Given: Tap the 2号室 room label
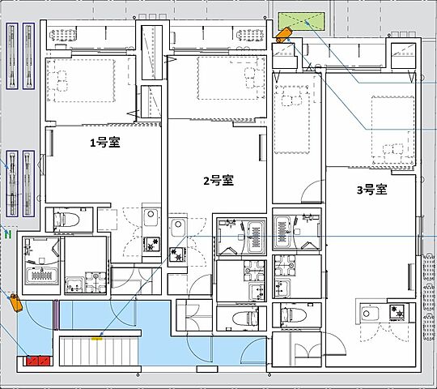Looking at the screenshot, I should point(218,180).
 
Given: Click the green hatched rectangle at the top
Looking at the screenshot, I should point(300,22).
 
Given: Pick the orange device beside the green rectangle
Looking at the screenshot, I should point(282,35).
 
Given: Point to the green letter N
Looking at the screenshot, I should point(7,235).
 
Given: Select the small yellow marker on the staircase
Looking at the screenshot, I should point(97,338).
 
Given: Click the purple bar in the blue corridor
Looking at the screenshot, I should point(56,315).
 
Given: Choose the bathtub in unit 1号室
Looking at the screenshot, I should point(40,276).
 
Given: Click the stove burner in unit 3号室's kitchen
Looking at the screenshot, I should point(398,310).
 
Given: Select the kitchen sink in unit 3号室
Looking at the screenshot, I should point(370,313).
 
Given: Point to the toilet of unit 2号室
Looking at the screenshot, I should point(242,316).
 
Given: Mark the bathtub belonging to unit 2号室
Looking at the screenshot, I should point(253,236).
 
